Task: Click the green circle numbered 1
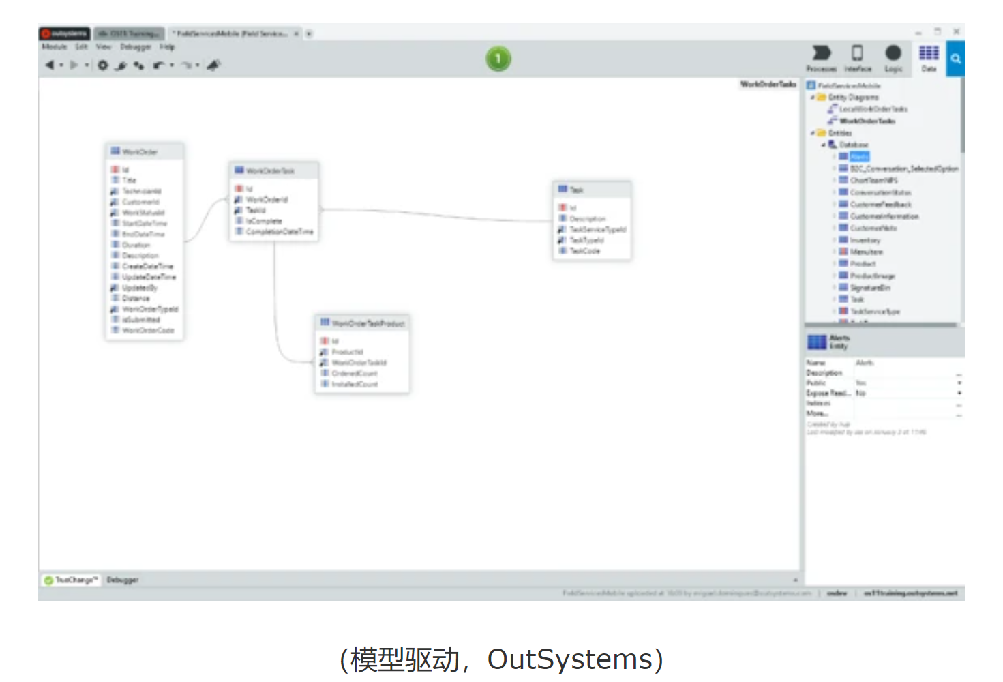[x=498, y=59]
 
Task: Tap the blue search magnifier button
[x=956, y=59]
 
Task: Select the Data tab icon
[x=929, y=54]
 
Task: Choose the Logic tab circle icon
[x=893, y=54]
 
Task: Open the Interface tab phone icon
[x=857, y=54]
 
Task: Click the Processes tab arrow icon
[x=822, y=54]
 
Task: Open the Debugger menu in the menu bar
[x=136, y=47]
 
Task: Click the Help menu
[x=167, y=47]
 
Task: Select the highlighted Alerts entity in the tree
[x=859, y=157]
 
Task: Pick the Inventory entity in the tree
[x=865, y=240]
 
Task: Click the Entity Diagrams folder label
[x=853, y=98]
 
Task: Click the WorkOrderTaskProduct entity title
[x=368, y=323]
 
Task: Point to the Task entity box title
[x=576, y=190]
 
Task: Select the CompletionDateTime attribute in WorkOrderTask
[x=280, y=232]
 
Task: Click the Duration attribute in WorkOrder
[x=136, y=245]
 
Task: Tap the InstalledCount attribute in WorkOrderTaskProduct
[x=355, y=385]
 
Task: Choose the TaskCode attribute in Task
[x=584, y=251]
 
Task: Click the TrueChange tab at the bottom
[x=76, y=580]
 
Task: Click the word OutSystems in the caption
[x=570, y=659]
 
